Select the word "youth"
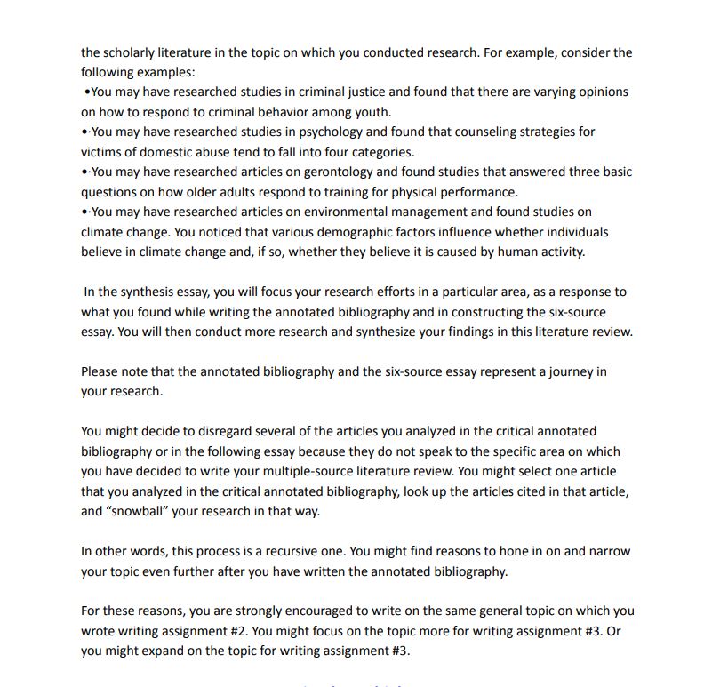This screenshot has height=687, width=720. pos(372,112)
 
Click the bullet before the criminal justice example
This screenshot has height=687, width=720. pos(86,92)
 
